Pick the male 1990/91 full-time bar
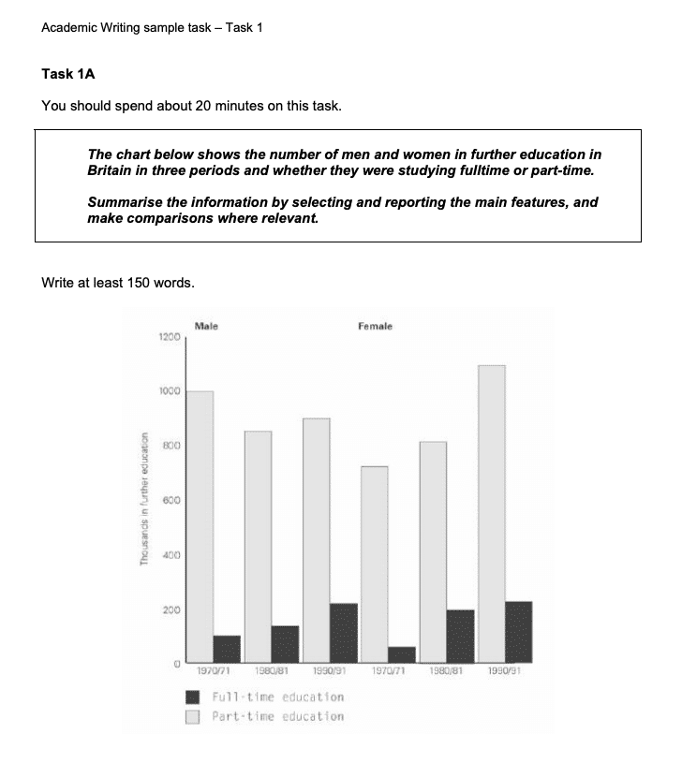(344, 633)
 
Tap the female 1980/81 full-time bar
(460, 636)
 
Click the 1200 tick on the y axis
(168, 336)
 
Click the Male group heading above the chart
(206, 326)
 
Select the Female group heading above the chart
(375, 326)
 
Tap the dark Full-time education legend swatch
(194, 697)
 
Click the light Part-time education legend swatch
(194, 717)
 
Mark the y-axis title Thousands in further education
(144, 497)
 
